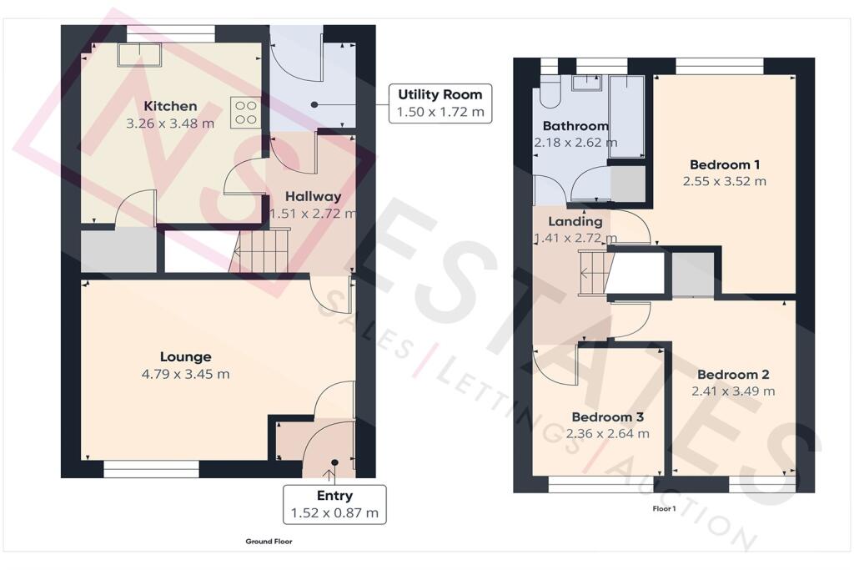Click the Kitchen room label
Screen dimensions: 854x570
pyautogui.click(x=170, y=106)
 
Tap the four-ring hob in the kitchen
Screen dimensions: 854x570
pyautogui.click(x=246, y=113)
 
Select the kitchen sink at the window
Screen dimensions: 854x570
pyautogui.click(x=139, y=55)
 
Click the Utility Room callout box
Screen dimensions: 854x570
pyautogui.click(x=440, y=103)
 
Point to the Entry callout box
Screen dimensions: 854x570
pyautogui.click(x=334, y=504)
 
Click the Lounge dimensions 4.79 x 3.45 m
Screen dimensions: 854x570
pyautogui.click(x=185, y=375)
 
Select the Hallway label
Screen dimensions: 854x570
pyautogui.click(x=314, y=196)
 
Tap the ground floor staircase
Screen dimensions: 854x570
pyautogui.click(x=259, y=250)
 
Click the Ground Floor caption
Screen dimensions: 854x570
pyautogui.click(x=269, y=542)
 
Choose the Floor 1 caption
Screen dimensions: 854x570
pyautogui.click(x=664, y=509)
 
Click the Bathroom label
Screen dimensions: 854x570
pyautogui.click(x=575, y=126)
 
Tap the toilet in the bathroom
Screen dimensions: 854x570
pyautogui.click(x=550, y=92)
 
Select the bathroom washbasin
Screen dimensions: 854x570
pyautogui.click(x=586, y=83)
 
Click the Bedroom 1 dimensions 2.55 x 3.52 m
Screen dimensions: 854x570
pyautogui.click(x=725, y=181)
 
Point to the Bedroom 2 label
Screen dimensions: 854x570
pyautogui.click(x=733, y=375)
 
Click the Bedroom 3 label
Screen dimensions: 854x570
pyautogui.click(x=607, y=417)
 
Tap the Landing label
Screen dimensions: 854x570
pyautogui.click(x=575, y=221)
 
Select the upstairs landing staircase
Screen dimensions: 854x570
pyautogui.click(x=593, y=272)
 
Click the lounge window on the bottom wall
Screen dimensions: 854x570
pyautogui.click(x=152, y=469)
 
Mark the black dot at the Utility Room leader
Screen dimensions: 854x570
pyautogui.click(x=314, y=104)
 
